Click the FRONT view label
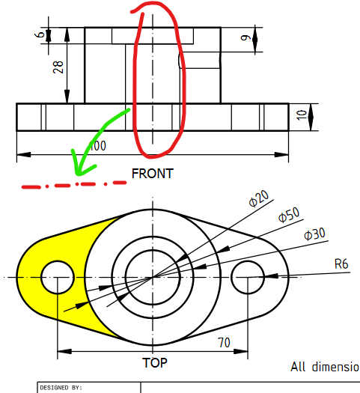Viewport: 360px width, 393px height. tap(152, 174)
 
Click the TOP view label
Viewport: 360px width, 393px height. tap(155, 363)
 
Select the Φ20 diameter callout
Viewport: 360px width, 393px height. tap(258, 199)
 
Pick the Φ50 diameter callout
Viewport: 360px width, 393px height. tap(288, 216)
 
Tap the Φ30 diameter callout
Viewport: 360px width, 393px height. tap(314, 234)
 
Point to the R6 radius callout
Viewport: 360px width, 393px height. tap(341, 263)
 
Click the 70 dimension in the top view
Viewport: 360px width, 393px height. tap(222, 344)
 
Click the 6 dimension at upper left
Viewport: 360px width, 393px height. tap(40, 34)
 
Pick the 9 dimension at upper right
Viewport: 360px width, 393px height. tap(247, 40)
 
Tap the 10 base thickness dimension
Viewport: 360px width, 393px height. tap(302, 116)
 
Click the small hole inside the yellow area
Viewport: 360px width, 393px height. tap(57, 278)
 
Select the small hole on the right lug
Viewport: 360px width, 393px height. tap(248, 278)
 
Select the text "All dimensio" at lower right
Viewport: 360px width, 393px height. tap(324, 367)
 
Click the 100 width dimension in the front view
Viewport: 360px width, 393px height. tap(97, 145)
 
